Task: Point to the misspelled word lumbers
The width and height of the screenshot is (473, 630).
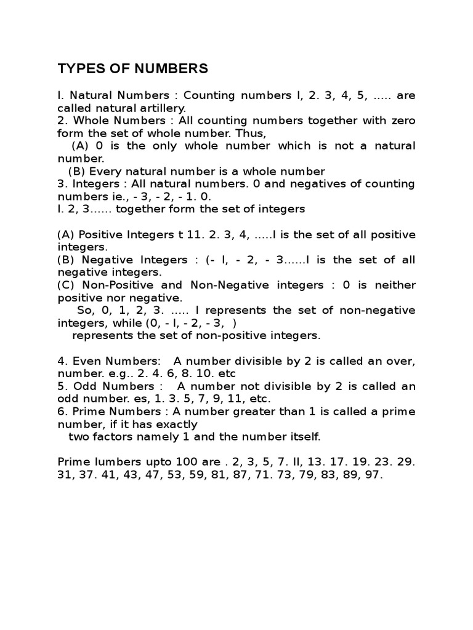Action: pyautogui.click(x=110, y=462)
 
